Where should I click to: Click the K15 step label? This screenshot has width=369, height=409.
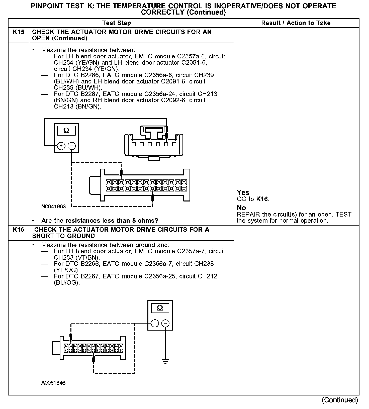[19, 32]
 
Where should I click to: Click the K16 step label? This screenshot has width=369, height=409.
[19, 230]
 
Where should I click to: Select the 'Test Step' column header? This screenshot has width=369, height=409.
[117, 23]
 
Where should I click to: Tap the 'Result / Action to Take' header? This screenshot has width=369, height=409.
[296, 23]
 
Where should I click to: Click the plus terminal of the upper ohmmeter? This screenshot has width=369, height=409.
[61, 146]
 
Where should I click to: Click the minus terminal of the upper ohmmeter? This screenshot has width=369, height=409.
[72, 146]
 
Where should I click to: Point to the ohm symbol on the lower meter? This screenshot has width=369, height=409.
[160, 308]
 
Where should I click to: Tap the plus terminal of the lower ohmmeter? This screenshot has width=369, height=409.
[155, 323]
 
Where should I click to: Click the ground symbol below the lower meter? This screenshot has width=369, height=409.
[165, 361]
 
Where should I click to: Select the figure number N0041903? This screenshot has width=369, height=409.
[54, 207]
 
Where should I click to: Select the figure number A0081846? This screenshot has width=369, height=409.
[53, 383]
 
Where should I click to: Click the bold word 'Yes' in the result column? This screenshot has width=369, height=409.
[243, 192]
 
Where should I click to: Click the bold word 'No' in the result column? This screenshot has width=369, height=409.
[241, 208]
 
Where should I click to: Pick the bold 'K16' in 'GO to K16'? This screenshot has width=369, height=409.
[262, 199]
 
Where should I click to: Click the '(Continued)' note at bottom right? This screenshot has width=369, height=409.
[340, 400]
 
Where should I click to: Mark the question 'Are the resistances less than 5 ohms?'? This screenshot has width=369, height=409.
[100, 221]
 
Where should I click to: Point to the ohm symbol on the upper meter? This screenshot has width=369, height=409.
[66, 131]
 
